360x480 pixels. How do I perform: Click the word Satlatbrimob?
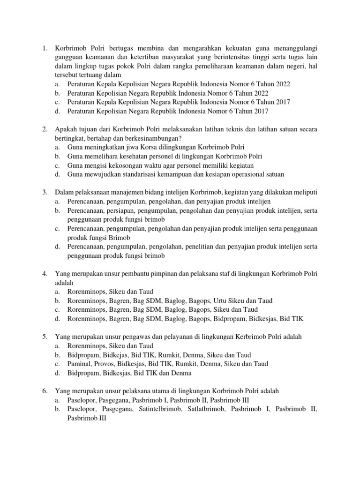click(207, 409)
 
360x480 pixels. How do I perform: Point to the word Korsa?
click(146, 147)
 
